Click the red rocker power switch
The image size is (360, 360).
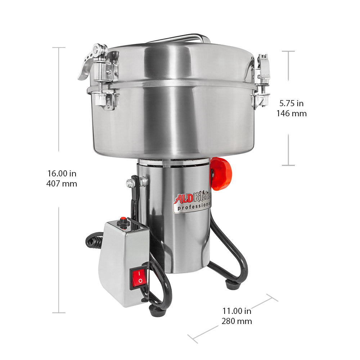click(139, 277)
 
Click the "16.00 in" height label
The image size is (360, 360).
click(62, 174)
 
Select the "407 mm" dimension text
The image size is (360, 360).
click(62, 184)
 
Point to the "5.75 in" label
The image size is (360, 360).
click(292, 104)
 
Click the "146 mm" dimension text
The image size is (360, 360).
click(292, 114)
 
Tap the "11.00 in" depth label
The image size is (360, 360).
click(237, 311)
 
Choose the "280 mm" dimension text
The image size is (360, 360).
click(237, 321)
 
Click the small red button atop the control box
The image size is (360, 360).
click(123, 219)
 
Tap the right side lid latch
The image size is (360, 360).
click(262, 81)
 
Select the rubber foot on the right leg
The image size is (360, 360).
click(233, 285)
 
